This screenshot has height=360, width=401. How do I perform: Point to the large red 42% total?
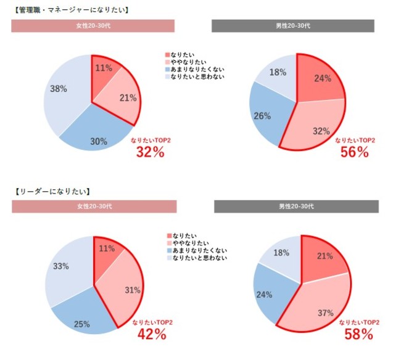click(152, 334)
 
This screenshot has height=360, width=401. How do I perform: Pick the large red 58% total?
click(358, 334)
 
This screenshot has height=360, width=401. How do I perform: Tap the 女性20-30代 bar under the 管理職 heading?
click(93, 26)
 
